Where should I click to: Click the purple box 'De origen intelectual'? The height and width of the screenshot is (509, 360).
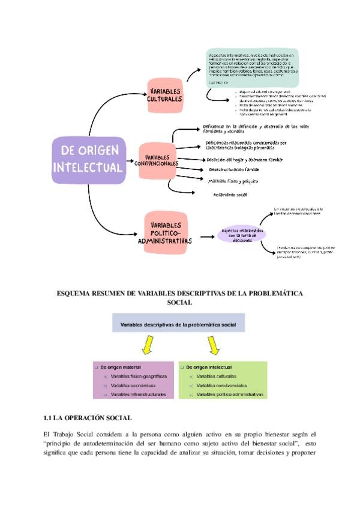tap(88, 159)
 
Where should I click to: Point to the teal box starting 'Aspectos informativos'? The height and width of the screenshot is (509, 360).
tap(251, 68)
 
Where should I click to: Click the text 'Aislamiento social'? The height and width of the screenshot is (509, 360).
tap(230, 194)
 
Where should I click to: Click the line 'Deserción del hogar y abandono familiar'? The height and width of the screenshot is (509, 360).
tap(244, 159)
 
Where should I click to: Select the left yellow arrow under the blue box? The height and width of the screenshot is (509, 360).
tap(145, 345)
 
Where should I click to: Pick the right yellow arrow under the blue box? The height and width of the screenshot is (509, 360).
tap(212, 345)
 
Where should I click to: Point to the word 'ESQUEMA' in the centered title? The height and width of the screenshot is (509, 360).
tap(76, 293)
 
